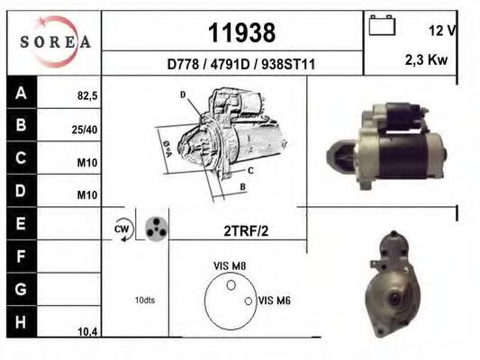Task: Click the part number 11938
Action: [241, 33]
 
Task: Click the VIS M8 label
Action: [229, 265]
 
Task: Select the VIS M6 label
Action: [275, 300]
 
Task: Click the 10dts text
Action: [144, 300]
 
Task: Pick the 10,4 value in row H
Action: [87, 332]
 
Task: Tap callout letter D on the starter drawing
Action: [183, 94]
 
